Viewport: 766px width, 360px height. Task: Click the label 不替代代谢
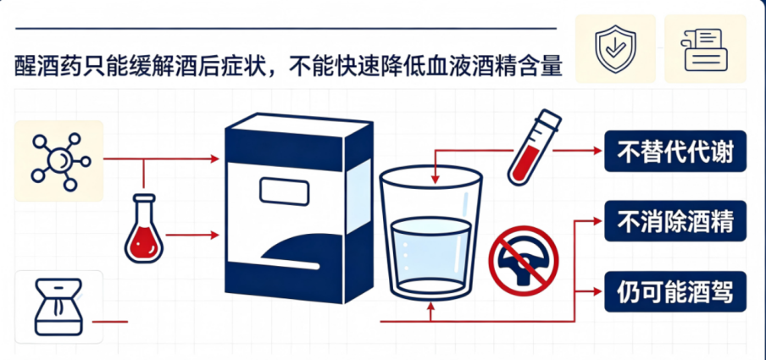point(675,151)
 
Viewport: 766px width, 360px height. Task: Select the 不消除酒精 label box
point(675,221)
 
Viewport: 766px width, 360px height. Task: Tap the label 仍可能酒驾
point(675,291)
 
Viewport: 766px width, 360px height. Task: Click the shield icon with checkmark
point(614,49)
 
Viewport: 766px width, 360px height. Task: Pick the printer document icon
point(706,50)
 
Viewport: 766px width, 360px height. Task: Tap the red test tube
point(535,147)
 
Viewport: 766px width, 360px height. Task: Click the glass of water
point(430,234)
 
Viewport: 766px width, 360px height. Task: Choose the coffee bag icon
point(58,307)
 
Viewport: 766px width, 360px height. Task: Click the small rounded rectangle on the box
point(284,192)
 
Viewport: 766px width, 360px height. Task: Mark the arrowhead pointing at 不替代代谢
point(597,151)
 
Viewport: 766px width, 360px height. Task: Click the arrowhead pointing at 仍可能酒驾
point(597,291)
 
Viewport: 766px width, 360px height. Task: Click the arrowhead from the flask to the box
point(214,235)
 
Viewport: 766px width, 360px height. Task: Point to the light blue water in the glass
point(430,253)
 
